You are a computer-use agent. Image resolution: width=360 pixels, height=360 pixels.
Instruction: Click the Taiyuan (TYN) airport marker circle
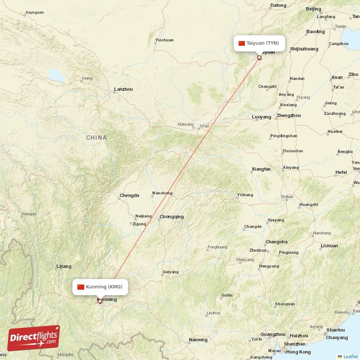(259, 58)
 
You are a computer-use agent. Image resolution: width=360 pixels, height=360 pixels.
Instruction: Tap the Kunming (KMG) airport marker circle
(100, 301)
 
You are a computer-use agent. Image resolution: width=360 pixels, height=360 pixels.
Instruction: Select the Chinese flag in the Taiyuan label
(242, 43)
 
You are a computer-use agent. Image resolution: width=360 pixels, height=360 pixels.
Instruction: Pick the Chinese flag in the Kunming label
(81, 287)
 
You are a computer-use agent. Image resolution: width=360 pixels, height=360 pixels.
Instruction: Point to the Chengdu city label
(129, 196)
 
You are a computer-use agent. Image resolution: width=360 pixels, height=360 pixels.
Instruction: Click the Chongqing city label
(171, 217)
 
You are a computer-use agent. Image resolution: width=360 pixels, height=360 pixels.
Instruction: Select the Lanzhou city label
(123, 89)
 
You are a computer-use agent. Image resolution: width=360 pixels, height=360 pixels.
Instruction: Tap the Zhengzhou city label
(288, 116)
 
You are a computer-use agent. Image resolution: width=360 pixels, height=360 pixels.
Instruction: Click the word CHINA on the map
(97, 138)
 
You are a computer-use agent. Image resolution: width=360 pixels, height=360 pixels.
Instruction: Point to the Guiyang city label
(171, 272)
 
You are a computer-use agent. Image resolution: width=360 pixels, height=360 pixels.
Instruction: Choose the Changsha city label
(276, 242)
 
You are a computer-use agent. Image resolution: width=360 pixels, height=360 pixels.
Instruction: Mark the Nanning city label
(198, 340)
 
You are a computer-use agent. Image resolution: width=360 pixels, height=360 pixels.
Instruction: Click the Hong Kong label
(298, 352)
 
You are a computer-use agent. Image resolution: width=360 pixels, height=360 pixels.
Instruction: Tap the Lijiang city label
(64, 266)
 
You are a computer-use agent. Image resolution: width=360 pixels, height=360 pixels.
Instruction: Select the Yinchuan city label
(164, 40)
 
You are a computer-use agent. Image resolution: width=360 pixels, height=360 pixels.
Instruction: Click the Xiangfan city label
(261, 169)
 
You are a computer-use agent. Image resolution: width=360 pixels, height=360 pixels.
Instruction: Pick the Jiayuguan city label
(35, 12)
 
